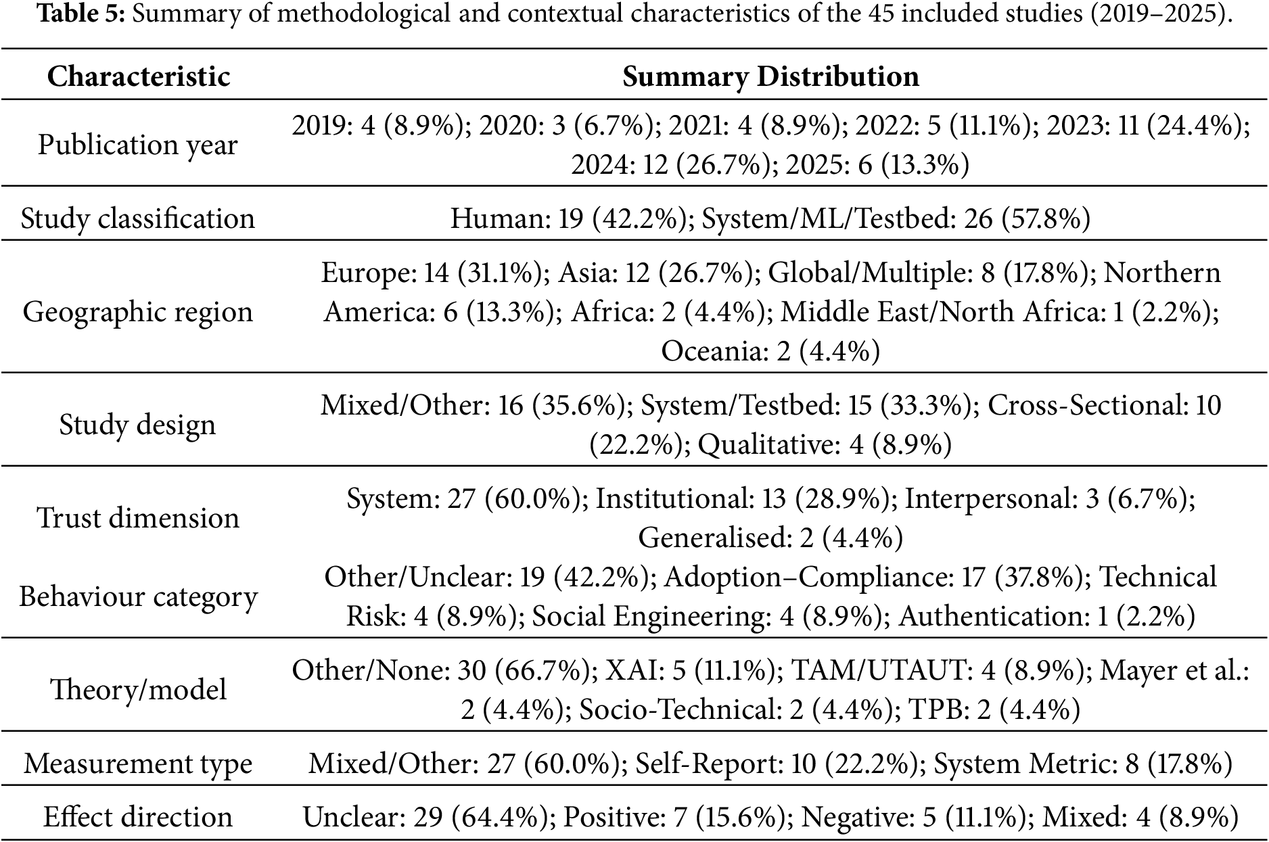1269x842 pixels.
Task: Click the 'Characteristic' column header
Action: tap(138, 76)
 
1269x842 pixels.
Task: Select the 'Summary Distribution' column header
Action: tap(770, 76)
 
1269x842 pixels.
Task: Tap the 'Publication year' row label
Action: tap(138, 144)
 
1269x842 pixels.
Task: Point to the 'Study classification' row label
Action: tap(138, 218)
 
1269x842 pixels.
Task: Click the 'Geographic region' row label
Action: tap(138, 311)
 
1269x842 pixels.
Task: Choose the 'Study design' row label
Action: tap(138, 424)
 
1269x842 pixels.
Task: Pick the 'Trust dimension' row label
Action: tap(138, 517)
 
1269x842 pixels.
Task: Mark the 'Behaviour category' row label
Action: tap(138, 597)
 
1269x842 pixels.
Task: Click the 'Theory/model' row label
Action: tap(138, 689)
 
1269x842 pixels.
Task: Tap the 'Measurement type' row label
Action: tap(138, 764)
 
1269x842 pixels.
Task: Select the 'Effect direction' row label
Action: tap(138, 816)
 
